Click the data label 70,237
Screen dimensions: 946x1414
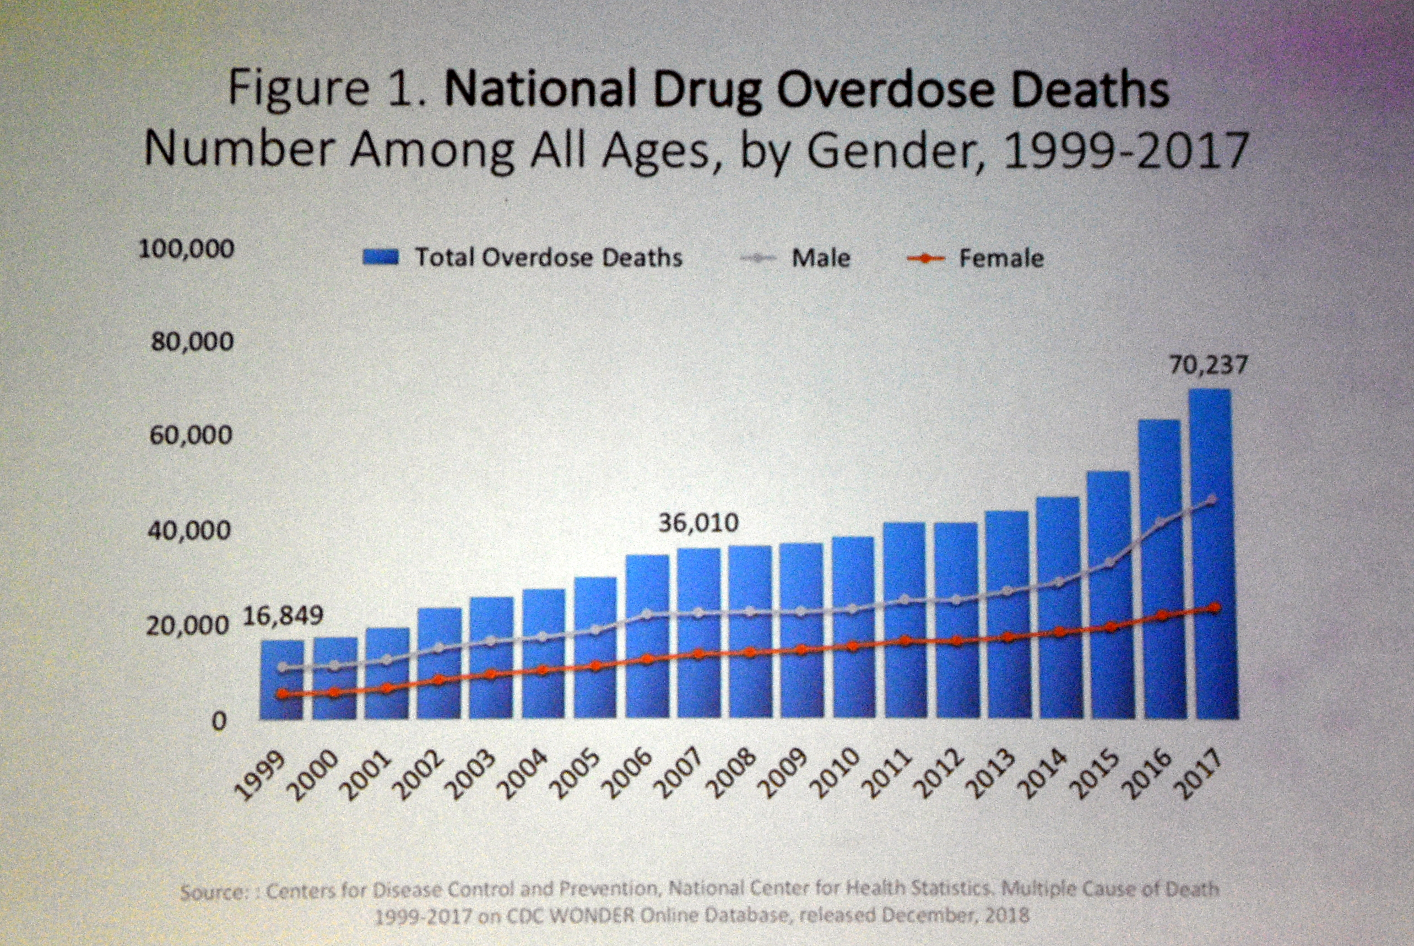point(1208,366)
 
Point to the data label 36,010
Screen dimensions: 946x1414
point(698,523)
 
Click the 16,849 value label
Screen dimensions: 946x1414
point(283,616)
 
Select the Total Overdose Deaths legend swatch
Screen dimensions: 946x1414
point(380,258)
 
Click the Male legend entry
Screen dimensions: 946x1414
point(820,258)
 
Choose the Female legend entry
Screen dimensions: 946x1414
point(1001,259)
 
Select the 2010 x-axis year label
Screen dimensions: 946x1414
point(836,775)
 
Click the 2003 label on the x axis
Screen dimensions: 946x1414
point(474,775)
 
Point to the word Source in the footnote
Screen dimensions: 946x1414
point(211,892)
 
